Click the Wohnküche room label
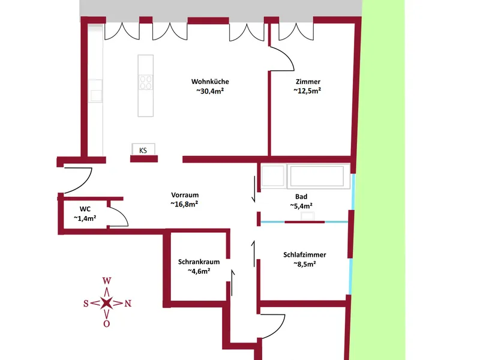(210, 82)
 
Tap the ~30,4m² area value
(210, 91)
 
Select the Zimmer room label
(308, 82)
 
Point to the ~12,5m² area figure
(307, 91)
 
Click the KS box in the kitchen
(143, 149)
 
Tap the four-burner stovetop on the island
(145, 82)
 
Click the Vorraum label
(185, 195)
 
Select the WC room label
(85, 209)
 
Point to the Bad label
(301, 197)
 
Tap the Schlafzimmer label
(305, 254)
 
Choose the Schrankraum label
(199, 262)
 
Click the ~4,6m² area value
(199, 271)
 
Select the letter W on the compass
(107, 280)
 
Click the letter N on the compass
(128, 304)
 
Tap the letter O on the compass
(107, 324)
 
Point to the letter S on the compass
(86, 304)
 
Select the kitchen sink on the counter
(95, 91)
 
